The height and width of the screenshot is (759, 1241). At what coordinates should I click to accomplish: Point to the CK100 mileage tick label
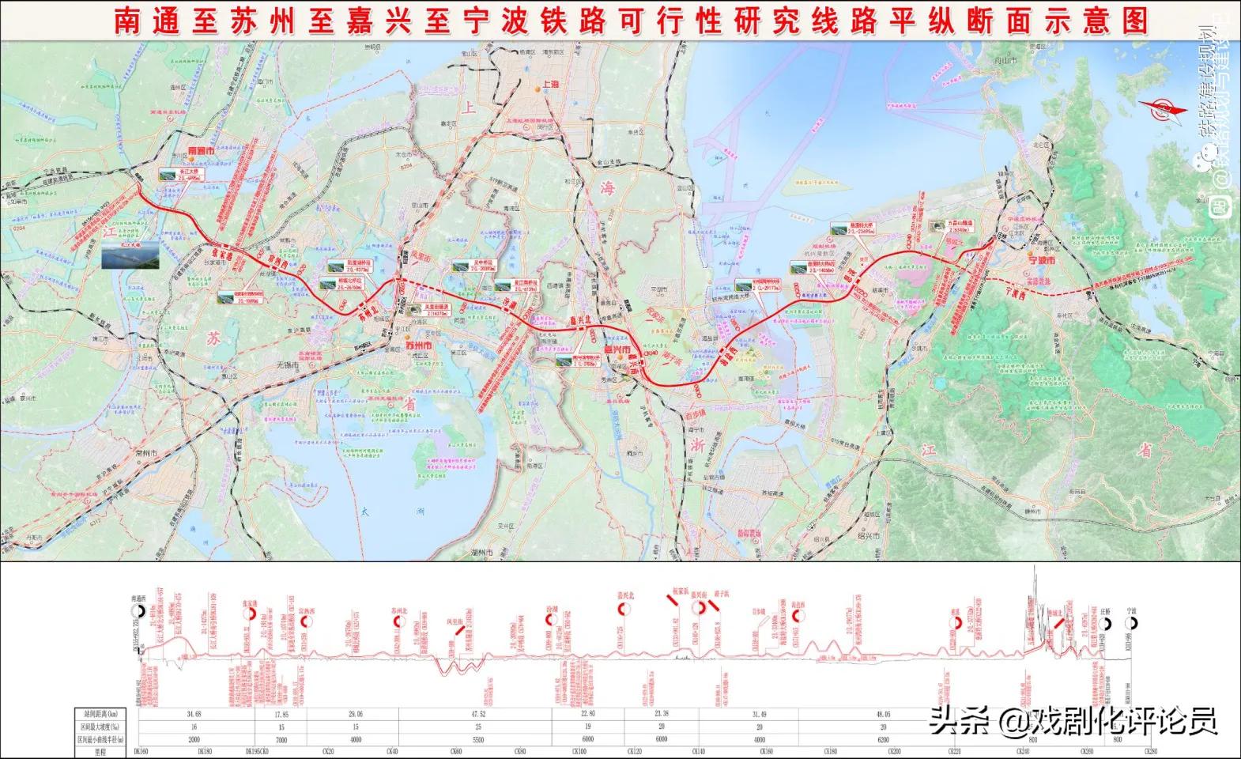pyautogui.click(x=579, y=751)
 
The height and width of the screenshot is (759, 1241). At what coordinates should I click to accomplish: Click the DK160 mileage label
pyautogui.click(x=141, y=751)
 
